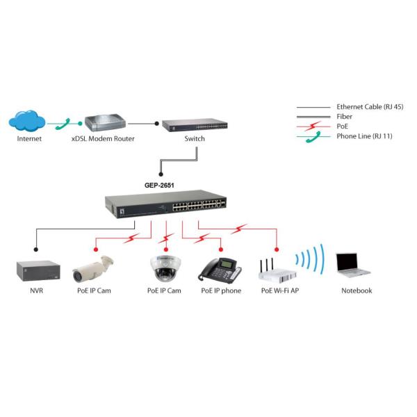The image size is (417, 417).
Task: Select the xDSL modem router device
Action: [x=102, y=125]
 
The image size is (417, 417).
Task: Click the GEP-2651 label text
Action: [x=160, y=186]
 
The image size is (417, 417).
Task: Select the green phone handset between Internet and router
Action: [x=67, y=123]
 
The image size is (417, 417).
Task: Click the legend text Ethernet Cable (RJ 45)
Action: [x=370, y=106]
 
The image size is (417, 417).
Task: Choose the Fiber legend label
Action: [x=345, y=116]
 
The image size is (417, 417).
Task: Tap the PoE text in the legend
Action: [x=343, y=126]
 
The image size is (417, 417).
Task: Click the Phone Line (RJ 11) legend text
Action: [x=364, y=136]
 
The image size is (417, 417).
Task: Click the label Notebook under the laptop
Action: [x=356, y=291]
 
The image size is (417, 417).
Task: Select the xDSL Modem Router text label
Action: [x=103, y=138]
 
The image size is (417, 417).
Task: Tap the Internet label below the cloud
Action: [x=30, y=138]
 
